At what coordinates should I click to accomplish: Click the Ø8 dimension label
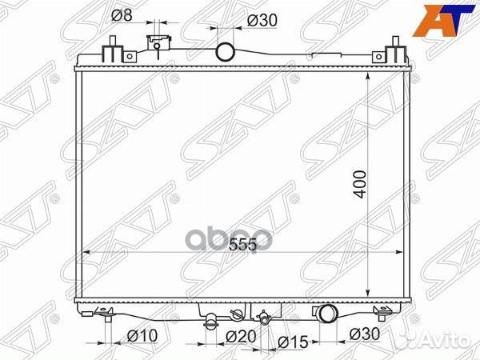pos(122,14)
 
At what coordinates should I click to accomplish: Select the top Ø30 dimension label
pos(262,21)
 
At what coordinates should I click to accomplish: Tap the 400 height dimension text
pos(360,185)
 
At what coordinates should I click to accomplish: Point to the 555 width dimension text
pos(242,245)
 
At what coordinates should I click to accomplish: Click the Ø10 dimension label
pos(142,336)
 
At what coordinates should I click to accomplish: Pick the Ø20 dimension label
pos(241,337)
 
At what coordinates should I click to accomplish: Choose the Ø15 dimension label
pos(293,342)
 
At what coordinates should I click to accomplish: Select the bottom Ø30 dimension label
pos(365,334)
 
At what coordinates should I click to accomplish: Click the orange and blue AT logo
pos(443,21)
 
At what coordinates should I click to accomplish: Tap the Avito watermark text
pos(445,340)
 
